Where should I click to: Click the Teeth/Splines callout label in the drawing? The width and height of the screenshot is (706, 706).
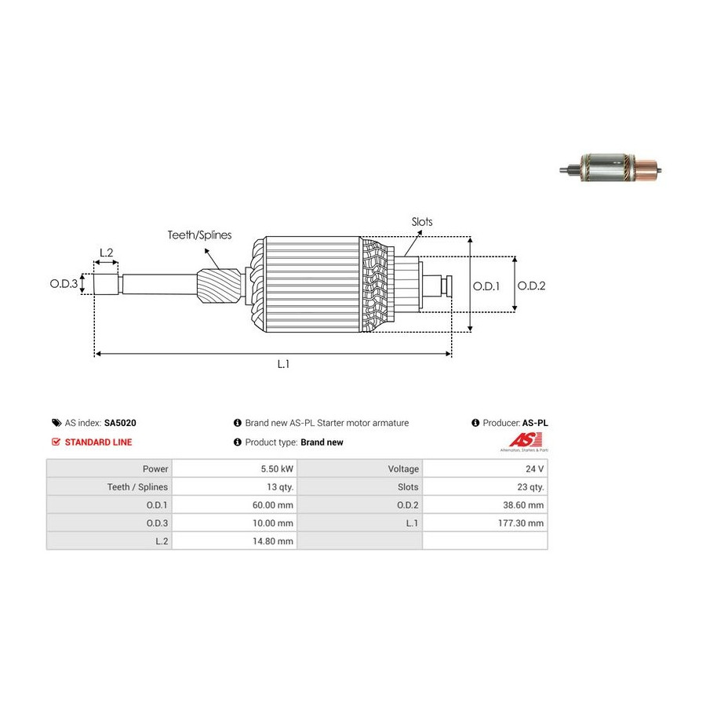[x=198, y=235]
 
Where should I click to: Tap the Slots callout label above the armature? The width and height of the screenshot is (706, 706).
[x=422, y=222]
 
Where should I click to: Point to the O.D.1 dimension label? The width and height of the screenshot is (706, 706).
[x=486, y=286]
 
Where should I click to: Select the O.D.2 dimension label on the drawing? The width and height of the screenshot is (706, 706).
[x=531, y=286]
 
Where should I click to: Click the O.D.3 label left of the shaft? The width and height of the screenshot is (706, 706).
[x=65, y=284]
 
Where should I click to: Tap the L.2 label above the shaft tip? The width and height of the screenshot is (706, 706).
[x=106, y=253]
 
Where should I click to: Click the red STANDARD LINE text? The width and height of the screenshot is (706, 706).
[x=97, y=442]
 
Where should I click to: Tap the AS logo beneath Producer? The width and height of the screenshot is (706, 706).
[x=524, y=442]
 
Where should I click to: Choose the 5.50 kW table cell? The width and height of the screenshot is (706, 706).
[x=277, y=469]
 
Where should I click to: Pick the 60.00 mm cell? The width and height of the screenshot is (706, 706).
[x=272, y=505]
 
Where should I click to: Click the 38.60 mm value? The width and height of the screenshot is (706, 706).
[x=523, y=505]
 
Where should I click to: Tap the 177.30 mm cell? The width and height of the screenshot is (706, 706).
[x=521, y=523]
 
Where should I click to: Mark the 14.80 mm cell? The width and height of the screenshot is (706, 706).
[x=272, y=541]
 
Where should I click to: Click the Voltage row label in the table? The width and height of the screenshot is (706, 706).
[x=403, y=469]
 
